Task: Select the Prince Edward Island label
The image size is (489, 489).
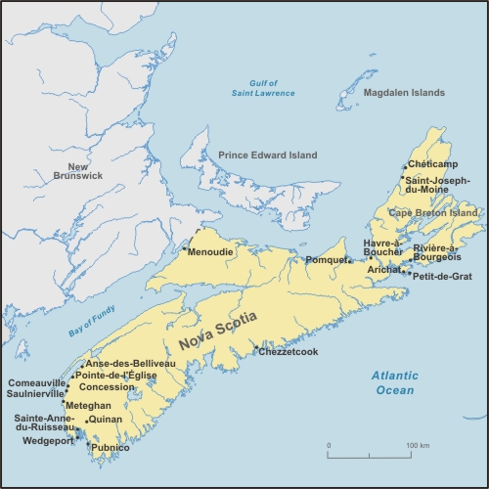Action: pos(268,155)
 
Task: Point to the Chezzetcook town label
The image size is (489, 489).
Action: pos(289,351)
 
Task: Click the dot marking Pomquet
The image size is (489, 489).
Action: pos(349,260)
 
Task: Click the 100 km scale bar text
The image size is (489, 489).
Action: pos(419,446)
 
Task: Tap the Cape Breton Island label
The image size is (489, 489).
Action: pos(433,212)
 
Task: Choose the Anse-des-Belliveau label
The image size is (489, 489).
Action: pos(130,363)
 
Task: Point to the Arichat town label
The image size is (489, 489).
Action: pos(384,269)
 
